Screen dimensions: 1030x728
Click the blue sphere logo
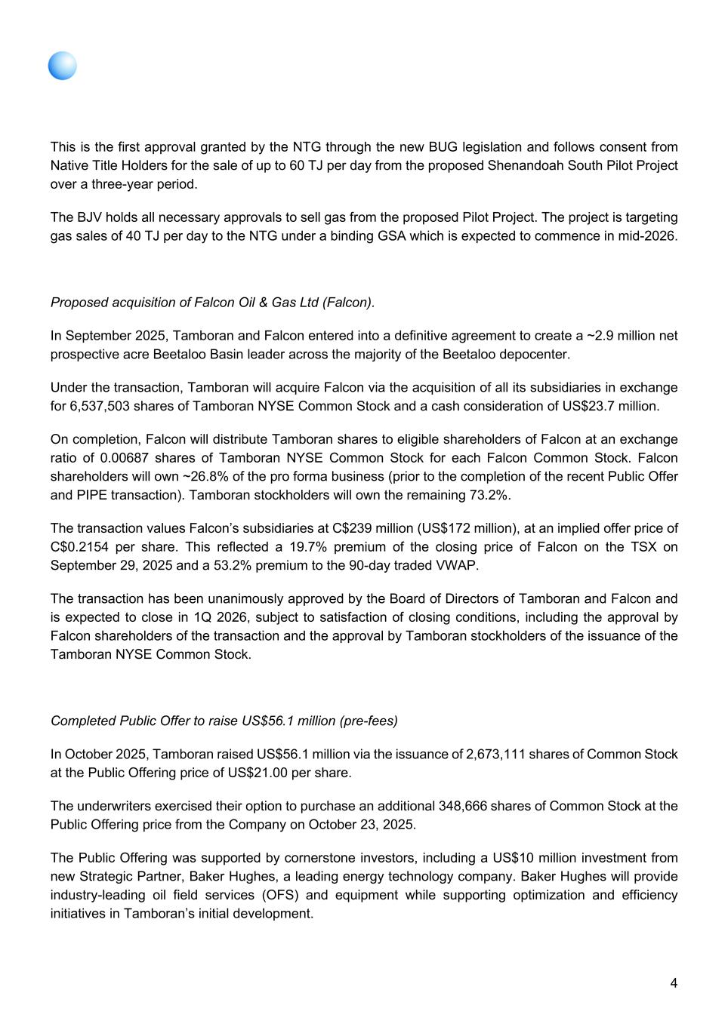click(63, 66)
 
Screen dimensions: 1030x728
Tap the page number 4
click(673, 982)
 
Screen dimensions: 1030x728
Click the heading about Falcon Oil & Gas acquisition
click(212, 302)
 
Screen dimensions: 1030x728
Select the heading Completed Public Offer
click(224, 721)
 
